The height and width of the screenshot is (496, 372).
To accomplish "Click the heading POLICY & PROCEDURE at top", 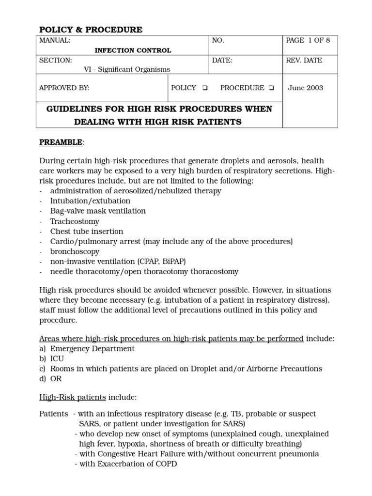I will pos(91,30).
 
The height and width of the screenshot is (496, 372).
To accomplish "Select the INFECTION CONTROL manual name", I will pos(133,50).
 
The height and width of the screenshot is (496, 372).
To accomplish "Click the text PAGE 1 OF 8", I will pos(308,40).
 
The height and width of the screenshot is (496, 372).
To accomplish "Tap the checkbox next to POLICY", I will pos(205,88).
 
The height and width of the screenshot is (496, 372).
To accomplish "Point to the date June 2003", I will pos(305,88).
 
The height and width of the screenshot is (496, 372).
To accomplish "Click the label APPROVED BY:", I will pos(64,88).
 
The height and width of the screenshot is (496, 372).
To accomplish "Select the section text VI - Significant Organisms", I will pos(127,69).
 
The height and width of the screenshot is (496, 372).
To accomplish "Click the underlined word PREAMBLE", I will pos(61,142).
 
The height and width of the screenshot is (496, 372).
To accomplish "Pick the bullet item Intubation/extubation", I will pos(90,201).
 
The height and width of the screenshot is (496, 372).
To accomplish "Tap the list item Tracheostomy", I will pos(74,221).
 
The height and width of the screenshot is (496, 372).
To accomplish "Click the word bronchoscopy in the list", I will pos(75,252).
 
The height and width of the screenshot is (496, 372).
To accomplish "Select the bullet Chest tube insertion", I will pos(87,232).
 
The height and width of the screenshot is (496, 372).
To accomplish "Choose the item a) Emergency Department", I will pos(87,349).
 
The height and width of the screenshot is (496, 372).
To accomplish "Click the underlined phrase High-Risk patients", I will pos(72,398).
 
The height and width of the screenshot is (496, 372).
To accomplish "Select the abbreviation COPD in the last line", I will pos(167,464).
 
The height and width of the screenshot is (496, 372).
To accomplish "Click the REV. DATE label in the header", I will pos(304,61).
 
